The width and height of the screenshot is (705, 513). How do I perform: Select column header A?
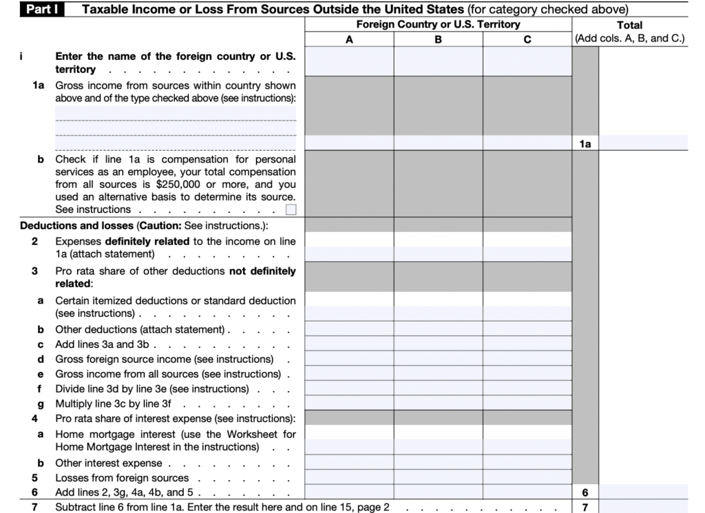click(x=349, y=39)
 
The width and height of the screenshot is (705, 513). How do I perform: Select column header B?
click(x=438, y=39)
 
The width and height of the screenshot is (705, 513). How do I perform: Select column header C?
click(x=527, y=39)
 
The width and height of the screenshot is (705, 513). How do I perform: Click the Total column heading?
click(x=629, y=25)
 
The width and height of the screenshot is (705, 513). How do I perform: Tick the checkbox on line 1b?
click(x=291, y=210)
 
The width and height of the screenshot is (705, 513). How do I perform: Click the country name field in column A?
click(x=349, y=61)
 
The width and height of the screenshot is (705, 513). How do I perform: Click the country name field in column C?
click(x=527, y=61)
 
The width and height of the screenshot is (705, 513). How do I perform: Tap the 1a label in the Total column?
click(x=585, y=143)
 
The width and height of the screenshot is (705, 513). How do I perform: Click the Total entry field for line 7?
click(x=643, y=507)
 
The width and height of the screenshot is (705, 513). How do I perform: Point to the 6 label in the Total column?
click(x=585, y=492)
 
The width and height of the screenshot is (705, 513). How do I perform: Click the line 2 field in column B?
click(x=438, y=247)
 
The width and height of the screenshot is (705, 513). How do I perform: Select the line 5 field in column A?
click(x=349, y=477)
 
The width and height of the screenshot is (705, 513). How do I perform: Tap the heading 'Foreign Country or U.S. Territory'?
click(x=438, y=25)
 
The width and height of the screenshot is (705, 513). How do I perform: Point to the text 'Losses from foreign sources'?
click(x=122, y=478)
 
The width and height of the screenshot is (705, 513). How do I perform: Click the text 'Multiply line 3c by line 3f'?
click(x=114, y=404)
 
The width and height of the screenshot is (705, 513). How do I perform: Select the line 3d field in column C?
click(x=527, y=359)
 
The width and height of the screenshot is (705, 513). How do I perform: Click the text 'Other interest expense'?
click(x=109, y=463)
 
